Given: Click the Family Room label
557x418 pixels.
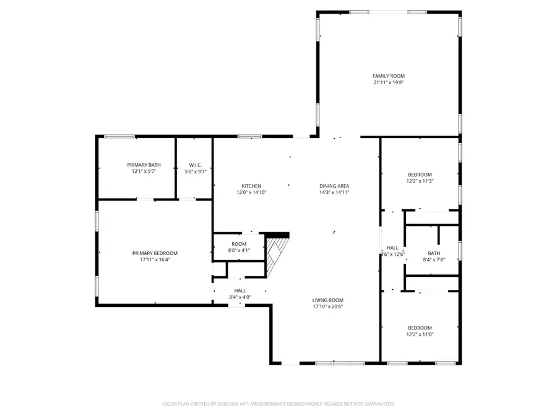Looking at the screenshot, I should (389, 76).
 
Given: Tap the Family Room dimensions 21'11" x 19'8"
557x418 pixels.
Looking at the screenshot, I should (389, 82).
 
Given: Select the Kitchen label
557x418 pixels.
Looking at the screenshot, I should (251, 186).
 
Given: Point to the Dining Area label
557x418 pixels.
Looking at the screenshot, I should (334, 186).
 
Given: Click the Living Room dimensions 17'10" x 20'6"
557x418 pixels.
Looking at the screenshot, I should (327, 307).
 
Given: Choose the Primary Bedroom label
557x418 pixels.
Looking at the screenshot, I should (155, 253).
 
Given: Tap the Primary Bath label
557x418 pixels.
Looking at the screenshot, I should (144, 164).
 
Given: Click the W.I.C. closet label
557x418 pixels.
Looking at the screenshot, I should (196, 164).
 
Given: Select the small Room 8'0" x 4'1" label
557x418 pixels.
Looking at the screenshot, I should (239, 244).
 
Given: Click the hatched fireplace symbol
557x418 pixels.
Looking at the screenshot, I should (277, 255).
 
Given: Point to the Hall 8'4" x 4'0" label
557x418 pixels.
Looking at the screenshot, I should (240, 290).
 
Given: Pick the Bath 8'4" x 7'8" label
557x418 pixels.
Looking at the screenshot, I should (434, 253).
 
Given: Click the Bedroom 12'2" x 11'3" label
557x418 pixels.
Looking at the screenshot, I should (420, 175).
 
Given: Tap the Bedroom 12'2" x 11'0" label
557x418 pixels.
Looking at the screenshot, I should (420, 328).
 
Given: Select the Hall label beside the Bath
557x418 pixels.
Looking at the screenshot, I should (392, 248).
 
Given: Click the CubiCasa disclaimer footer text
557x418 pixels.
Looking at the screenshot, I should (278, 404).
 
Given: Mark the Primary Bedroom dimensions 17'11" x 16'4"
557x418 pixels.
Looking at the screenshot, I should (155, 260).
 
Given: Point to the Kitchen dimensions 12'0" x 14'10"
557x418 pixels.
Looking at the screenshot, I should (251, 193).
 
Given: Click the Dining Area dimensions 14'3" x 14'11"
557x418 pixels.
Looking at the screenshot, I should (334, 193).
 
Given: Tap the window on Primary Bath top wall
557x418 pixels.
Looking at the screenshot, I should (119, 136).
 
